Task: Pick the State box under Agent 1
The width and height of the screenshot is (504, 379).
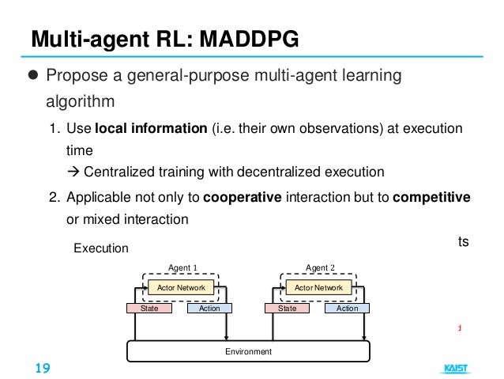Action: [149, 308]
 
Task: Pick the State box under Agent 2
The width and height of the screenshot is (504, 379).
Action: [287, 308]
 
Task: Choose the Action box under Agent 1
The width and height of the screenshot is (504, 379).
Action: [209, 308]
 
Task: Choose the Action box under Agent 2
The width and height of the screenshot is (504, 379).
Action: [347, 308]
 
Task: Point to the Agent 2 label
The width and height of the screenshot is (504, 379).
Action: [319, 267]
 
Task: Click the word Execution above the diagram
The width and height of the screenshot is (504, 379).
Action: [100, 248]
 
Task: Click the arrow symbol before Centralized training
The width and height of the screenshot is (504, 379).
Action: [73, 172]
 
